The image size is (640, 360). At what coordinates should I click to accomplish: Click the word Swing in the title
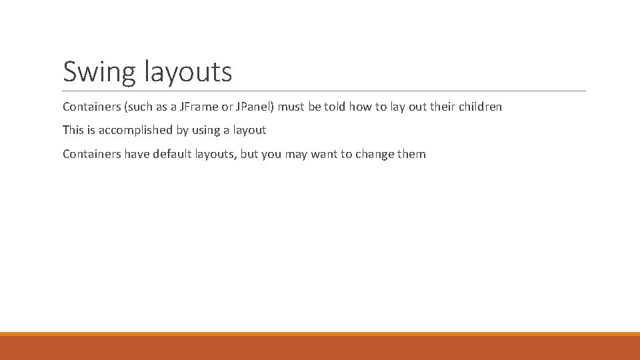point(99,72)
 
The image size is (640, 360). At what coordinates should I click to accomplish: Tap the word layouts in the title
point(188,72)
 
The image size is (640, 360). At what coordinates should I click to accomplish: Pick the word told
point(335,107)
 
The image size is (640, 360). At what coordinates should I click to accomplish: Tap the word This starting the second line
point(73,130)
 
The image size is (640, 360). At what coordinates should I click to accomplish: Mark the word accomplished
point(133,130)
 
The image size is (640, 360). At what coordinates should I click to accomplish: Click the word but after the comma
point(248,154)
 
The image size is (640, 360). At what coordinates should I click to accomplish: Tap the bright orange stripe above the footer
point(320,334)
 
